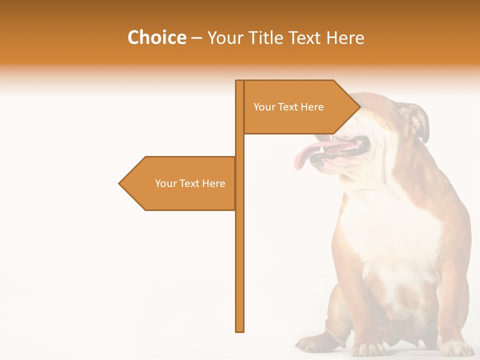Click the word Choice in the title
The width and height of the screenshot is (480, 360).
pyautogui.click(x=156, y=37)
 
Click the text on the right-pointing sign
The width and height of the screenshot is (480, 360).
pyautogui.click(x=288, y=107)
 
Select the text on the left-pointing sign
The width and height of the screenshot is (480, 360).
pyautogui.click(x=190, y=183)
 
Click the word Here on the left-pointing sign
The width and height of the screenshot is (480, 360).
pyautogui.click(x=213, y=183)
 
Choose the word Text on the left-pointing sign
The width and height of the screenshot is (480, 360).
pyautogui.click(x=189, y=183)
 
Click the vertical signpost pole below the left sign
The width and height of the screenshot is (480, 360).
pyautogui.click(x=240, y=270)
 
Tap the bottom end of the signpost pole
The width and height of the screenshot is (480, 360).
pyautogui.click(x=240, y=330)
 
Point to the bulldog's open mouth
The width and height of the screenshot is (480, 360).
pyautogui.click(x=345, y=150)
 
